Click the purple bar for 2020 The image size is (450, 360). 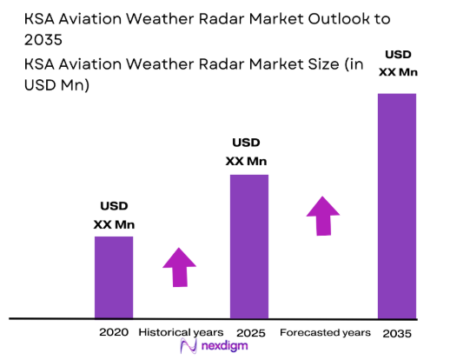[x=113, y=277]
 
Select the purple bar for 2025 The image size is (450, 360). [x=248, y=246]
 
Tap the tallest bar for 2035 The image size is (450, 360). [x=396, y=205]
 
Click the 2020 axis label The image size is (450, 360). [x=113, y=332]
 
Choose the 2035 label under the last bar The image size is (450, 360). [x=396, y=333]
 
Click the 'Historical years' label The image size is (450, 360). [x=181, y=332]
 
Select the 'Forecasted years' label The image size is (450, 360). [x=325, y=332]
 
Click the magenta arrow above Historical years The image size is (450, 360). [x=180, y=267]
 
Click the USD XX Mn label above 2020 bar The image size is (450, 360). [x=114, y=216]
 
